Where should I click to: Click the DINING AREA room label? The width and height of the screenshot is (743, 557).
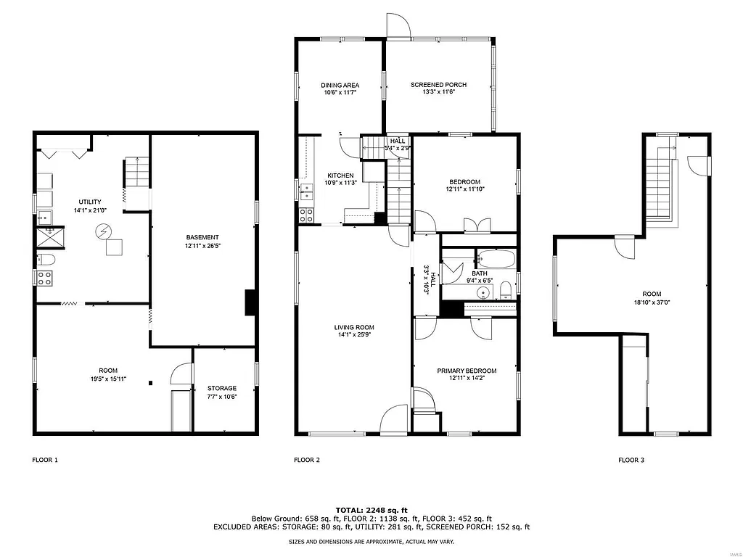340,85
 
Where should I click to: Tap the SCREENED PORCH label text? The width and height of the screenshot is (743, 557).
438,85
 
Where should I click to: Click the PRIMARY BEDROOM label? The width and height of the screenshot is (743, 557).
466,371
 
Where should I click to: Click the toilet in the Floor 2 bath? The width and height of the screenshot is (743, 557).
506,292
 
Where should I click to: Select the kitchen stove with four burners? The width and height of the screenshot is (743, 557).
306,215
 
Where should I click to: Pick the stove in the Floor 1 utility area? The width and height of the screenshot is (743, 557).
44,278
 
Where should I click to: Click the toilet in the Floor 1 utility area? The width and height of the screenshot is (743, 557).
45,259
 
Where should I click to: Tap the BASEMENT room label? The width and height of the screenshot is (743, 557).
202,237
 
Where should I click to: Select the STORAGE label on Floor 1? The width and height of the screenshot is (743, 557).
222,388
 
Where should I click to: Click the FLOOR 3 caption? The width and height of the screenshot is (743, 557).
631,460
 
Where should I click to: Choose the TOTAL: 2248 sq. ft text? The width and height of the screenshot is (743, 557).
371,510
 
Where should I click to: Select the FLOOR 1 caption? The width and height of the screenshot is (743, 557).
45,460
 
